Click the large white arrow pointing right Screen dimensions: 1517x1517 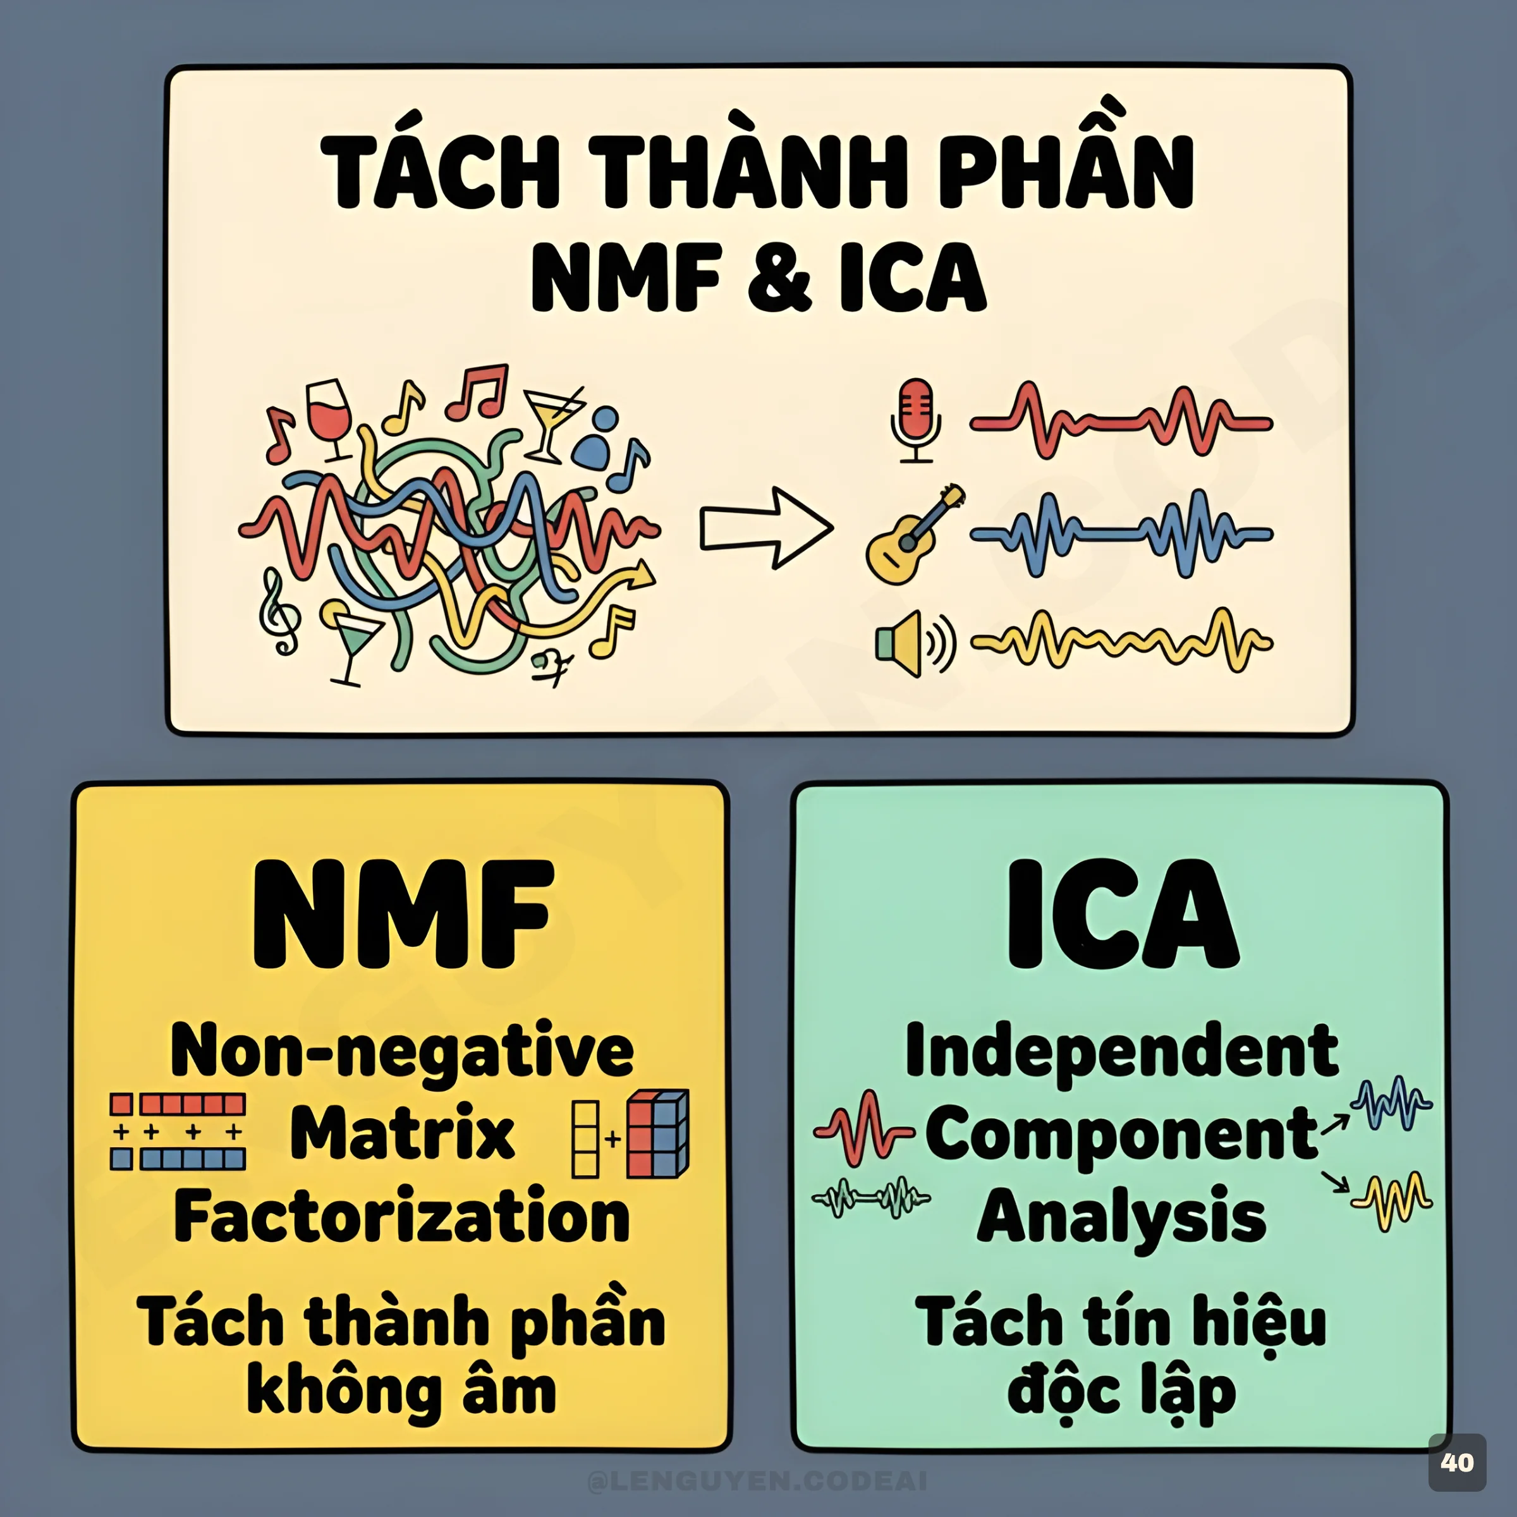pos(765,528)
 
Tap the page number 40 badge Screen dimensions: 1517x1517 pos(1456,1462)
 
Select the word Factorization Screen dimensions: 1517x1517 pos(402,1215)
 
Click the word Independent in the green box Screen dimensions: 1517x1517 pos(1121,1051)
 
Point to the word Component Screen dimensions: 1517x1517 pos(1121,1134)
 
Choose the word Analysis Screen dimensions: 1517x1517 pos(1121,1215)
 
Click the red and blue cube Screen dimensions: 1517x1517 pos(658,1133)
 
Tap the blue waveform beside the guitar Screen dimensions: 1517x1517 pos(1121,534)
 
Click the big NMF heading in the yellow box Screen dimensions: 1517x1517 pos(402,914)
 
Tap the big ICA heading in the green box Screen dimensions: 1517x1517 pos(1121,914)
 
